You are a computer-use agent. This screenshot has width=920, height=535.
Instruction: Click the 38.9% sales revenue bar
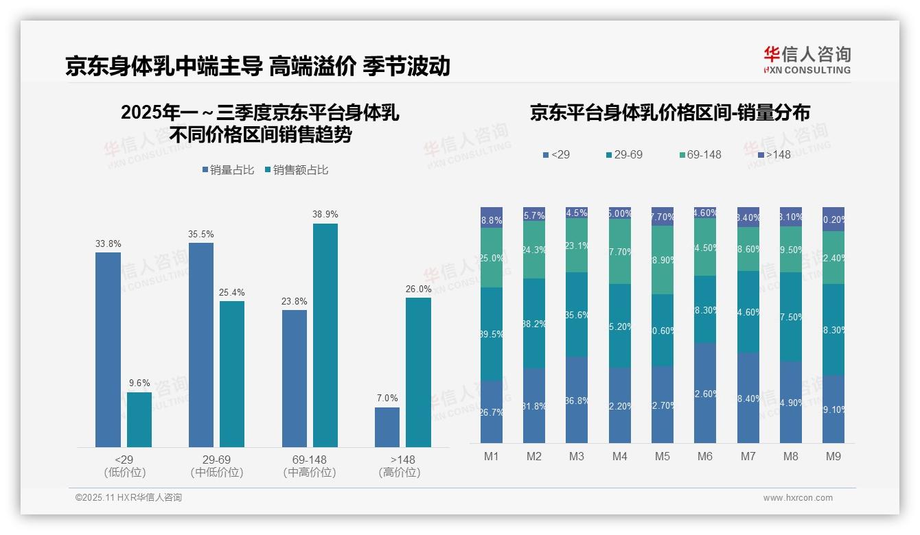[325, 335]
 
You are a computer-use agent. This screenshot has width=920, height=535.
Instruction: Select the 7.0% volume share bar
[387, 427]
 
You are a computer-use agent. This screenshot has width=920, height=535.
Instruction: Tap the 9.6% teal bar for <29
[139, 420]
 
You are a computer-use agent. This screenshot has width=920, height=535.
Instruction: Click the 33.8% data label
[107, 243]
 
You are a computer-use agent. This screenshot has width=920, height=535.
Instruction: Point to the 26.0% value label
[419, 289]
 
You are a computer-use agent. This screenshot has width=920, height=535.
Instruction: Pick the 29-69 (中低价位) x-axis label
[217, 466]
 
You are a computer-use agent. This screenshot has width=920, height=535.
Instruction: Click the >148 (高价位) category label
[400, 466]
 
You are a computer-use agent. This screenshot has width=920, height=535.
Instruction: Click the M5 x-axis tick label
[662, 456]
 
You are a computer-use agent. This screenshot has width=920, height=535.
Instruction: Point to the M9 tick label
[833, 456]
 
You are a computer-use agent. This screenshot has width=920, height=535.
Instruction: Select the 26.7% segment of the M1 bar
[492, 412]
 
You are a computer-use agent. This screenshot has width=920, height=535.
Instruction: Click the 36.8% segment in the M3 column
[577, 400]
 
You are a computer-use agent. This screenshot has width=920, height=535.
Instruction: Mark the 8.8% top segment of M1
[492, 217]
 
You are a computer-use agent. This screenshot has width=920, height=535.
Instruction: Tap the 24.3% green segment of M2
[534, 250]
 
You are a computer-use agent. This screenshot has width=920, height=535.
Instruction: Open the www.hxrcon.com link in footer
[798, 498]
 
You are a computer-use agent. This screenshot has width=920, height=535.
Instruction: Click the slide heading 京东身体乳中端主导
[164, 67]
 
